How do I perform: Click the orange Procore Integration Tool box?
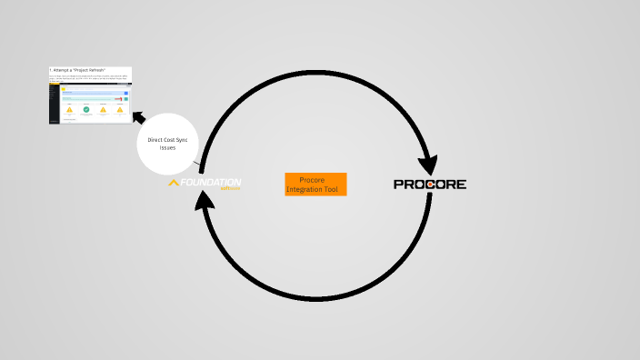tap(315, 185)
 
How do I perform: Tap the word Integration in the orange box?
tap(305, 189)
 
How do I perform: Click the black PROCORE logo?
tap(430, 184)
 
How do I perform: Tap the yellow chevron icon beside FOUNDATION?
tap(174, 183)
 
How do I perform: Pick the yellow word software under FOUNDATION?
tap(229, 189)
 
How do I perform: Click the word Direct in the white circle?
tap(156, 140)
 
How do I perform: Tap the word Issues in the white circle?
tap(167, 147)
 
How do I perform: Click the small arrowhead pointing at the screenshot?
tap(138, 116)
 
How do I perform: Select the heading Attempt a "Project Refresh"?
tap(78, 70)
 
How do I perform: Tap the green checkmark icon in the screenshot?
tap(86, 109)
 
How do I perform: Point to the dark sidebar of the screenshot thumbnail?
tap(55, 105)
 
